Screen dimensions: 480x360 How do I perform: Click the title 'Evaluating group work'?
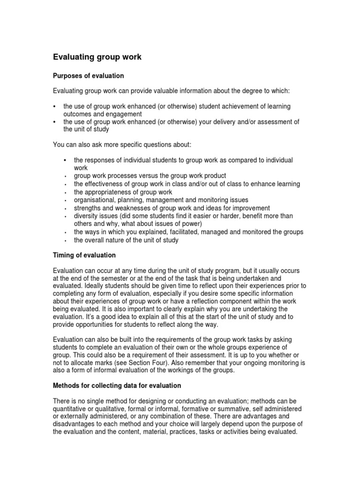coord(97,57)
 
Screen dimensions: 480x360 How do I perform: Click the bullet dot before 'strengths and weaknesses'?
coord(65,209)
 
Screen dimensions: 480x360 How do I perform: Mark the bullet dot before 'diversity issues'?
coord(65,217)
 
